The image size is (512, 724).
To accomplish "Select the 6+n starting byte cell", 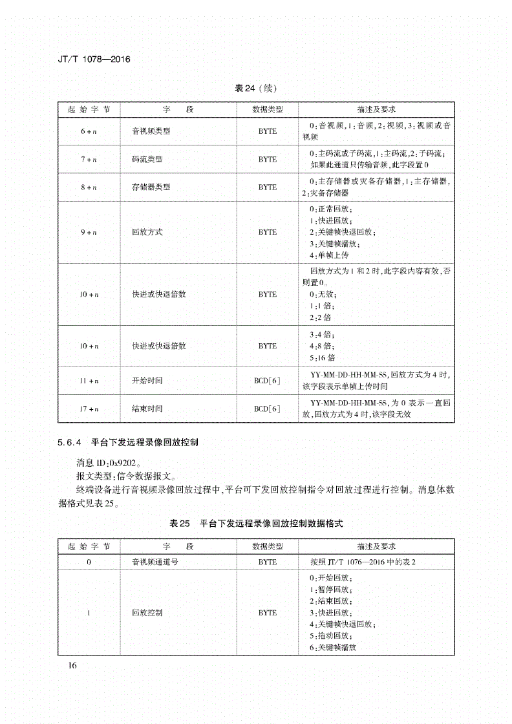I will [x=89, y=131].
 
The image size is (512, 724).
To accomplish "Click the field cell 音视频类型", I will [x=151, y=131].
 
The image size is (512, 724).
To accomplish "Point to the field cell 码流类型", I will [x=147, y=159].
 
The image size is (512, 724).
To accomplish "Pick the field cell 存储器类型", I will [x=151, y=187].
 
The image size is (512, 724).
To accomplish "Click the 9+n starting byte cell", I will [x=89, y=232].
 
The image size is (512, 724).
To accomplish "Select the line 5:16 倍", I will [x=323, y=357].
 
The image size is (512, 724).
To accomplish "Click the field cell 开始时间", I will [x=147, y=381].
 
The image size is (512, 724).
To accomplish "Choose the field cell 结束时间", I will [x=147, y=409].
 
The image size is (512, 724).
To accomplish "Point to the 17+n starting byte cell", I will [x=89, y=409].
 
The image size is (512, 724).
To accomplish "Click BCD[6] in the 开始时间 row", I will [x=267, y=381].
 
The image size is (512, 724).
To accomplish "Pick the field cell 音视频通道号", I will [x=155, y=562].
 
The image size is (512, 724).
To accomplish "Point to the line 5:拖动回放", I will [x=330, y=635].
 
